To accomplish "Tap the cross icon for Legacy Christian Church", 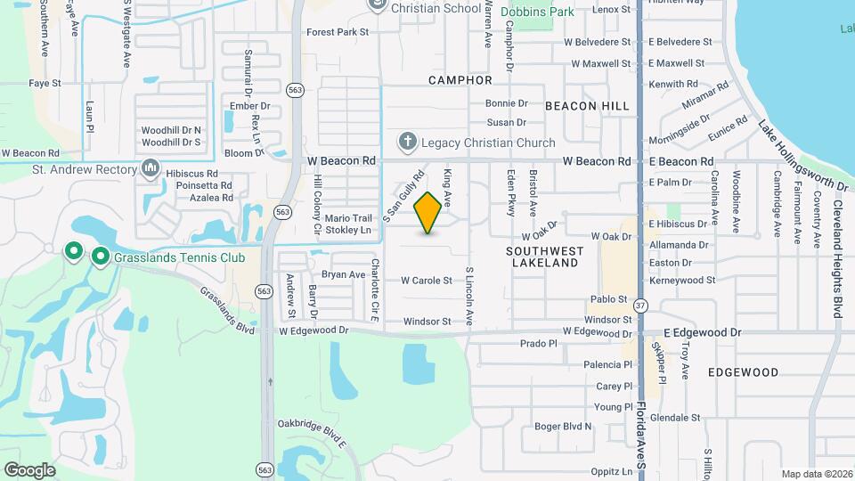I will point(408,142).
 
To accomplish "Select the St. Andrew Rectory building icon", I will point(150,168).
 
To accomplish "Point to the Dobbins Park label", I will point(537,12).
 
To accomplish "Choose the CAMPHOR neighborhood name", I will point(460,80).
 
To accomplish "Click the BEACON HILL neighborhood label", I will point(587,106).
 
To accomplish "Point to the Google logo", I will point(29,469).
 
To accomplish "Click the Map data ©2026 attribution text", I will point(816,474).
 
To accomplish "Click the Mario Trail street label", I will point(347,217).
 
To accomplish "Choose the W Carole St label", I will point(427,281).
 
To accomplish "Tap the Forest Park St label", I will point(338,32).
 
